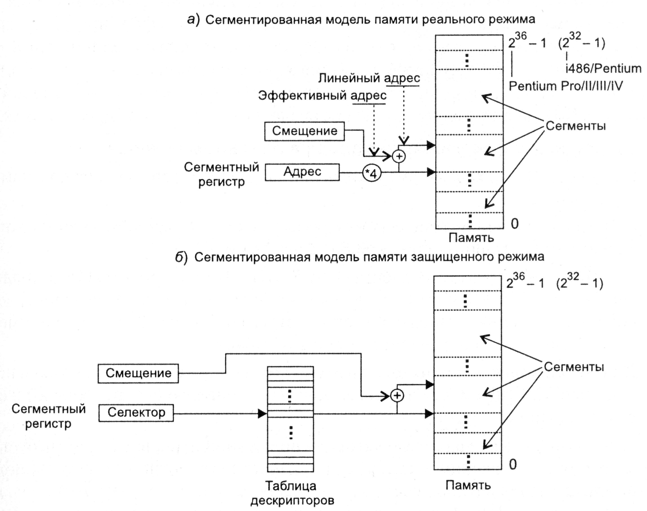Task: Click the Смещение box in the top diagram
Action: [x=304, y=131]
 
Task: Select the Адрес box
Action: [x=302, y=172]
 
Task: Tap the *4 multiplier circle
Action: [x=372, y=173]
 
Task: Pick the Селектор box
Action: [x=136, y=413]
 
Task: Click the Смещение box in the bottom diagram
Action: [x=138, y=373]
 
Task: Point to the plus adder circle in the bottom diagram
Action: [x=397, y=396]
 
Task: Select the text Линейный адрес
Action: [x=369, y=78]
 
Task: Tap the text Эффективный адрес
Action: [x=322, y=96]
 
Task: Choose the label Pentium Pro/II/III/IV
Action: [x=566, y=86]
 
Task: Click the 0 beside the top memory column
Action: [x=515, y=223]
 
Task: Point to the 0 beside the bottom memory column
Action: [x=513, y=464]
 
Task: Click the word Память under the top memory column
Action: [x=471, y=238]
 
